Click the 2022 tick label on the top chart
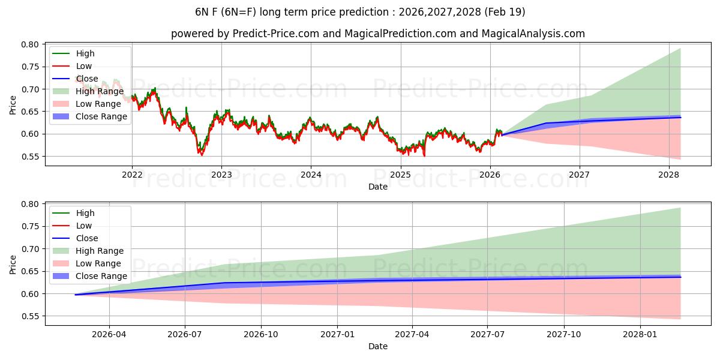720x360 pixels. click(x=132, y=175)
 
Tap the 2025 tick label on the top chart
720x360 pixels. click(x=400, y=175)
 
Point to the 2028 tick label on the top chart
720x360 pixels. click(x=669, y=175)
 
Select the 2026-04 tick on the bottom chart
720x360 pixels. click(x=109, y=335)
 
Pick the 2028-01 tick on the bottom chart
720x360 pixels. click(x=641, y=335)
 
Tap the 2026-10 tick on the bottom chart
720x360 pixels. click(x=260, y=335)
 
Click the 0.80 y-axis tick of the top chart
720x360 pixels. click(x=31, y=44)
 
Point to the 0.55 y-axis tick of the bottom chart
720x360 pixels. click(x=31, y=316)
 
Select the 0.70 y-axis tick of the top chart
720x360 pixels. click(x=31, y=89)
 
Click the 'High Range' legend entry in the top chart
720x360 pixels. click(x=100, y=91)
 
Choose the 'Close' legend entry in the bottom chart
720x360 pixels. click(x=88, y=238)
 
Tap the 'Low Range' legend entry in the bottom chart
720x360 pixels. click(x=98, y=263)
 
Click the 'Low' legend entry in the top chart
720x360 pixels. click(x=84, y=66)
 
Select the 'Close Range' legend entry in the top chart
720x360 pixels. click(x=101, y=116)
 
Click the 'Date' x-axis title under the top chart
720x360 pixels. click(x=378, y=187)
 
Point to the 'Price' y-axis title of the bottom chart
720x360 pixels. click(x=13, y=264)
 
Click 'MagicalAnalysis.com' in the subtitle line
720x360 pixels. click(x=534, y=34)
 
